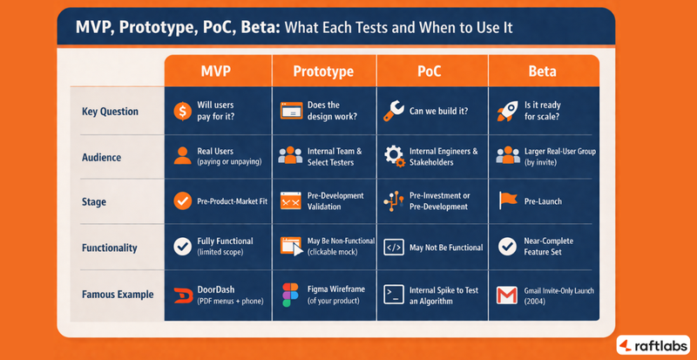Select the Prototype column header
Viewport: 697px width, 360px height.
(324, 70)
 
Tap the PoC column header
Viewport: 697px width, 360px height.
(432, 70)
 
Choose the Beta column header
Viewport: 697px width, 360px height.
(542, 70)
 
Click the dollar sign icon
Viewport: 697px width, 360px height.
(182, 111)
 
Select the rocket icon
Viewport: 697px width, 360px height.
(506, 110)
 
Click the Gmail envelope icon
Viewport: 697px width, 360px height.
(506, 295)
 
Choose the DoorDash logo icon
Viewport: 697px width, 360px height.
(182, 294)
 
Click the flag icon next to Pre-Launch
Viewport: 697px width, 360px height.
(506, 201)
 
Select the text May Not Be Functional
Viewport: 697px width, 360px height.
(445, 248)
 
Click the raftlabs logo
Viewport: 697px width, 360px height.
(653, 344)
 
